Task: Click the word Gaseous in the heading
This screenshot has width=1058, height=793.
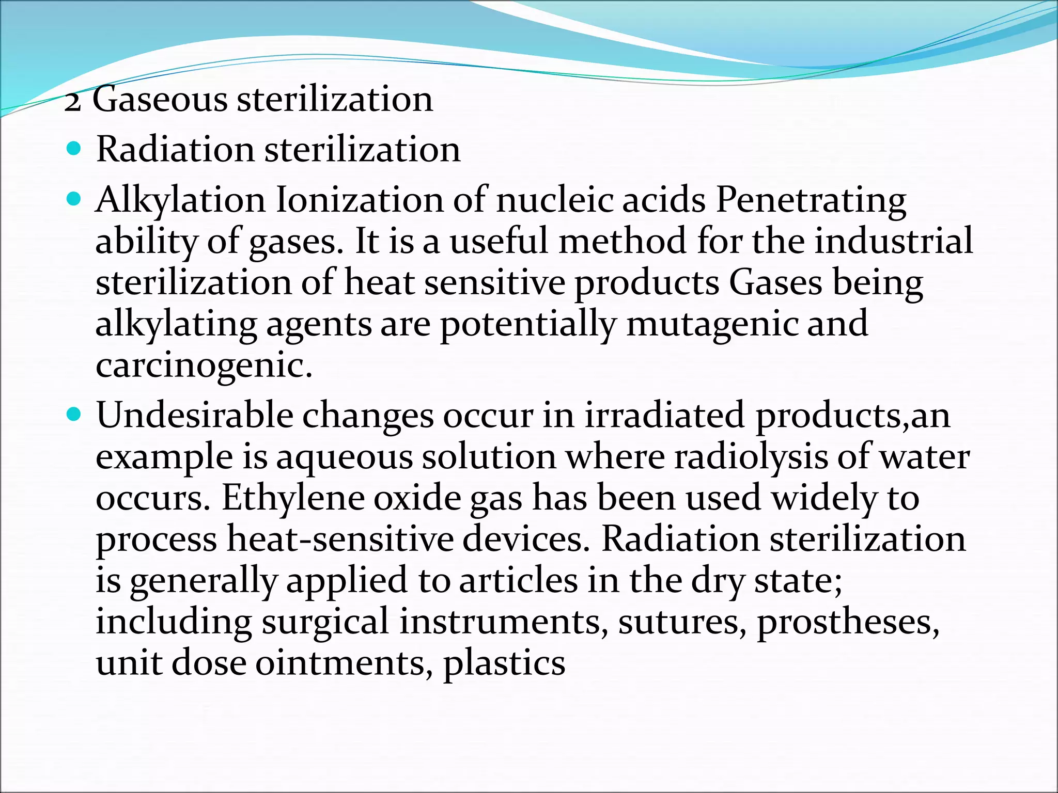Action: pyautogui.click(x=160, y=99)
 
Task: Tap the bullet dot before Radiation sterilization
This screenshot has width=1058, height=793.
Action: pyautogui.click(x=74, y=150)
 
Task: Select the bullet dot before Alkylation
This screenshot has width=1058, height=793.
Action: pyautogui.click(x=74, y=199)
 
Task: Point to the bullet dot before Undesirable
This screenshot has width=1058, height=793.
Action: pyautogui.click(x=74, y=414)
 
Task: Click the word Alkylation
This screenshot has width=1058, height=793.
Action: pyautogui.click(x=180, y=200)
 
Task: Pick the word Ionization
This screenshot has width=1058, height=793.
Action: pyautogui.click(x=360, y=200)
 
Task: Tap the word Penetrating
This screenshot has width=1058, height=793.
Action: pyautogui.click(x=811, y=200)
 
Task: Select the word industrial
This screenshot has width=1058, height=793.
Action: pyautogui.click(x=894, y=241)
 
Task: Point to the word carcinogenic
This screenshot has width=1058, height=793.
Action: pyautogui.click(x=204, y=366)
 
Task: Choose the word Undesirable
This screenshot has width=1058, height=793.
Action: pyautogui.click(x=194, y=415)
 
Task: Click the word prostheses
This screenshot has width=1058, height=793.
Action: pyautogui.click(x=848, y=622)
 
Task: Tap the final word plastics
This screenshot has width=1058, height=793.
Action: pyautogui.click(x=504, y=663)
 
